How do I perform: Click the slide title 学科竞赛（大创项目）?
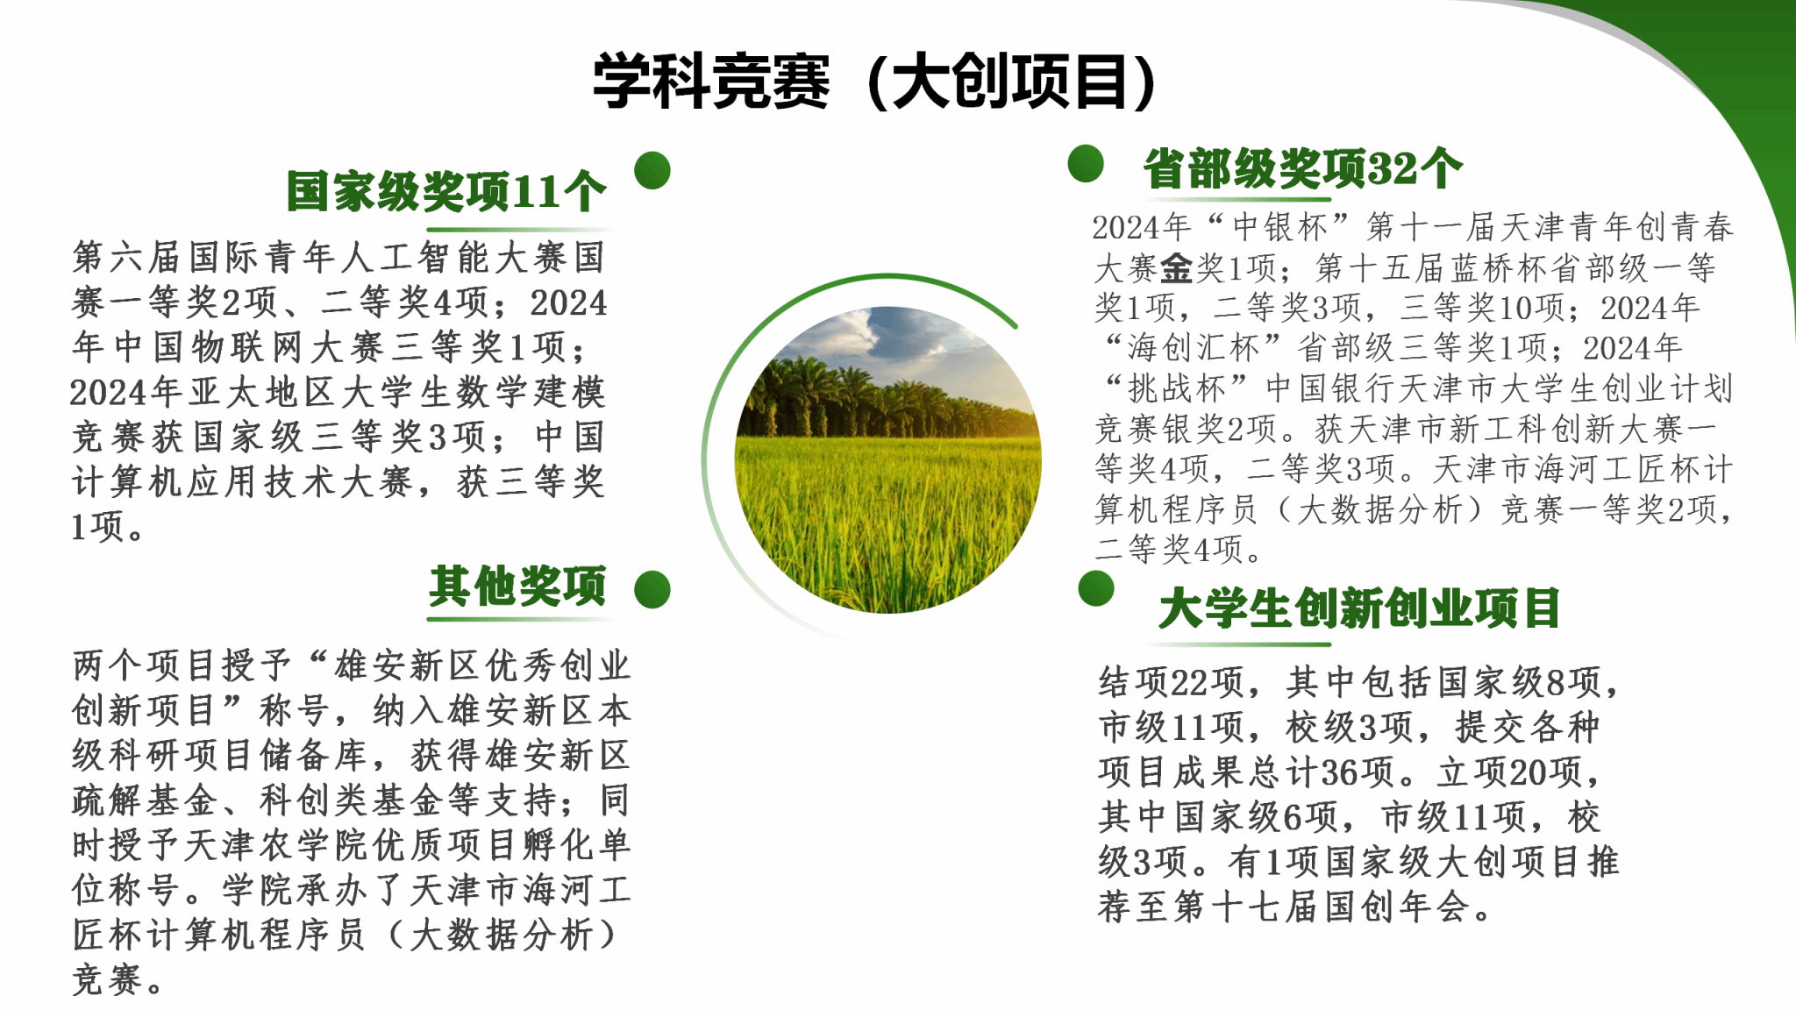[875, 81]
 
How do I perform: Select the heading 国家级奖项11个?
[446, 191]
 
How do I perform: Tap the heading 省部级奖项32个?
[1303, 168]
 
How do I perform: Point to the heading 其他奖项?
[517, 586]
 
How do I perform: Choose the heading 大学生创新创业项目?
[1359, 608]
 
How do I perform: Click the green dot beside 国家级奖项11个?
[652, 170]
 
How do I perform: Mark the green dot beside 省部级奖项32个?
[1086, 164]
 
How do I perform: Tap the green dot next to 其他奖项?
[652, 589]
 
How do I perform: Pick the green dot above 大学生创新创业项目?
[1096, 588]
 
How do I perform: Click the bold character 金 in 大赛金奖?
[1176, 267]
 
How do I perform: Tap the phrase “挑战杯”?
[1176, 388]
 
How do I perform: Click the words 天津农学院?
[278, 845]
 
